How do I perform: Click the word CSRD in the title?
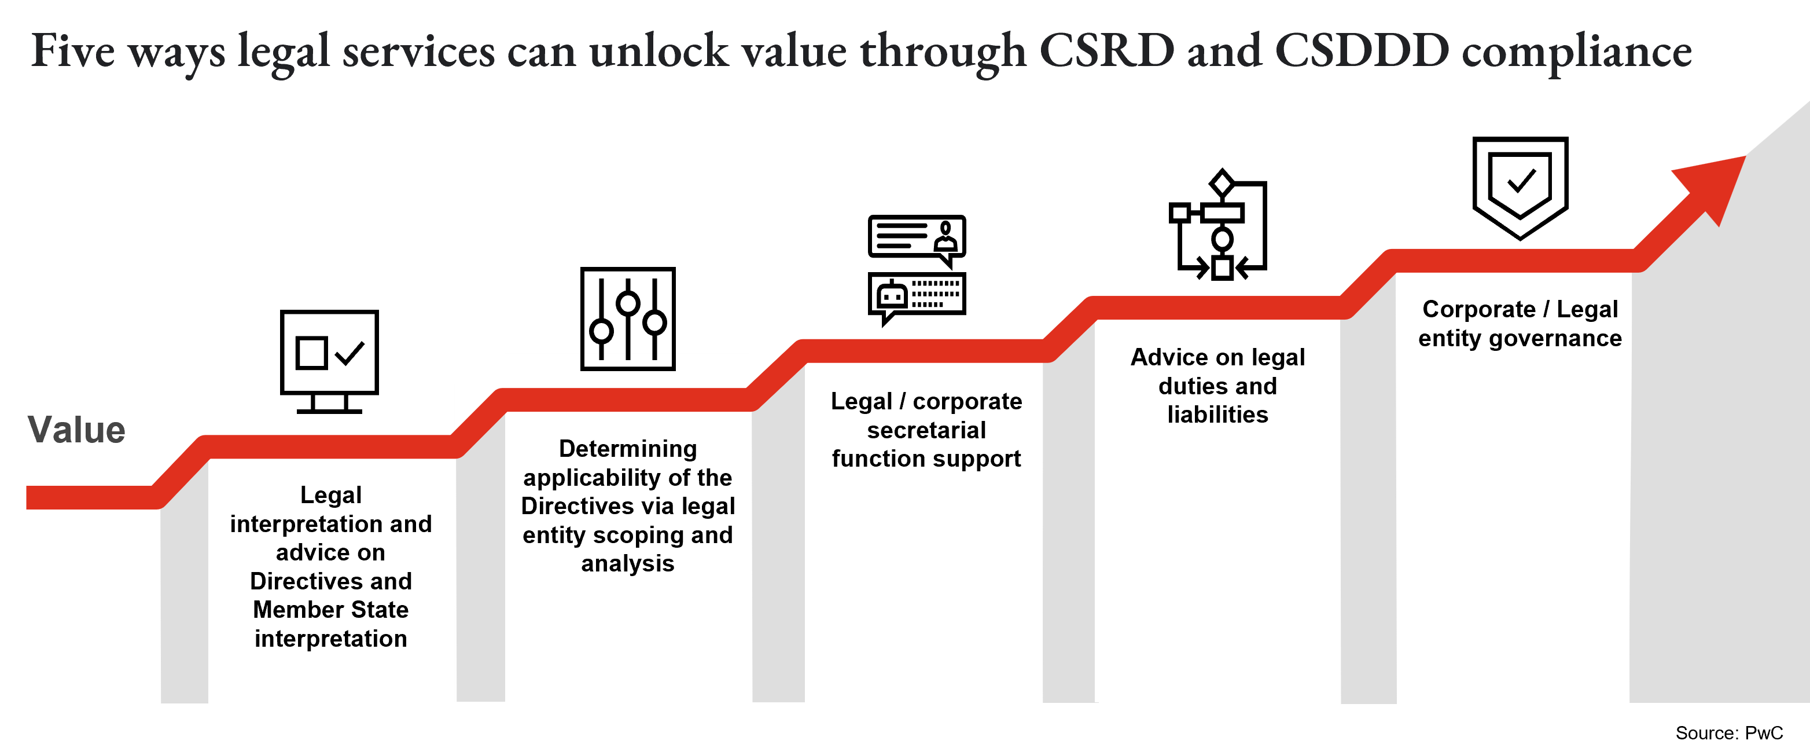point(1106,50)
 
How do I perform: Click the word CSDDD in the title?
point(1362,50)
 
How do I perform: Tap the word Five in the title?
point(72,50)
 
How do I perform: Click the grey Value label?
point(76,430)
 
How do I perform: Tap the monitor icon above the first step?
point(330,398)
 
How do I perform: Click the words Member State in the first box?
point(330,610)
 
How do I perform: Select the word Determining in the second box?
point(627,449)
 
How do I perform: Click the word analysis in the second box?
point(627,563)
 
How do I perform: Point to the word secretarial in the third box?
point(926,430)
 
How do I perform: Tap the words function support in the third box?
point(926,459)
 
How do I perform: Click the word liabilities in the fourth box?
point(1217,415)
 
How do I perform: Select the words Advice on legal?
point(1217,357)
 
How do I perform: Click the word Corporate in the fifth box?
point(1479,309)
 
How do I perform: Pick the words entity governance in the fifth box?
point(1520,338)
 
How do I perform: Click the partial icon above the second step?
point(627,361)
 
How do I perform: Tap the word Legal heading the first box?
point(331,495)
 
